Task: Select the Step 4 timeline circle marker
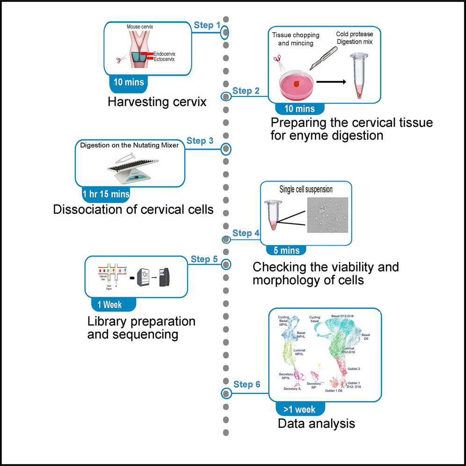pyautogui.click(x=226, y=240)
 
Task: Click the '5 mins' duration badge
pyautogui.click(x=284, y=250)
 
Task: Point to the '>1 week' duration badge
pyautogui.click(x=299, y=409)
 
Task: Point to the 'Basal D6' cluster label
pyautogui.click(x=365, y=337)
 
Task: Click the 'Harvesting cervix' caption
pyautogui.click(x=157, y=102)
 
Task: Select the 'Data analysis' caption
pyautogui.click(x=316, y=424)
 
